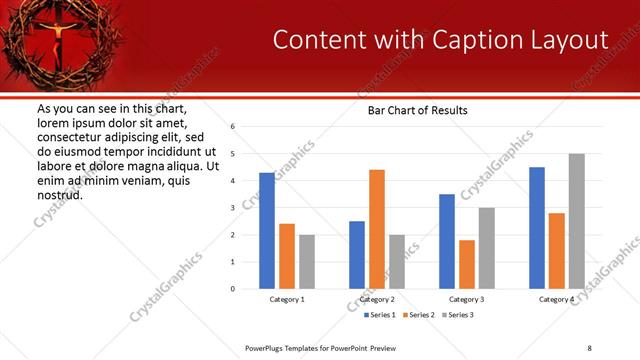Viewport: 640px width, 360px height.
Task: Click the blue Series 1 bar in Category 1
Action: tap(267, 231)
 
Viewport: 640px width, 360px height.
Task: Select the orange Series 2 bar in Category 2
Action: tap(377, 229)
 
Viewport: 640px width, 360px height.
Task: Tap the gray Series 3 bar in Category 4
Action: tap(577, 221)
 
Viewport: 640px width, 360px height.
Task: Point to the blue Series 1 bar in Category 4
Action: tap(537, 228)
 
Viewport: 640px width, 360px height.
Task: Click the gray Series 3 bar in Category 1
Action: tap(307, 262)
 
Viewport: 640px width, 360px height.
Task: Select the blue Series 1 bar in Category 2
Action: tap(357, 255)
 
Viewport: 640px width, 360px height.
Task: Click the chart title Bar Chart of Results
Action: tap(411, 110)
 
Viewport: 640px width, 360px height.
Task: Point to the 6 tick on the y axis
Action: tap(232, 127)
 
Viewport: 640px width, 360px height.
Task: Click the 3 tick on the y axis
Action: tap(232, 208)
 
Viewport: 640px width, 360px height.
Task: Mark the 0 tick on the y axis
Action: tap(232, 289)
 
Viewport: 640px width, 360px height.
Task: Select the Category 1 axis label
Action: tap(287, 299)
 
